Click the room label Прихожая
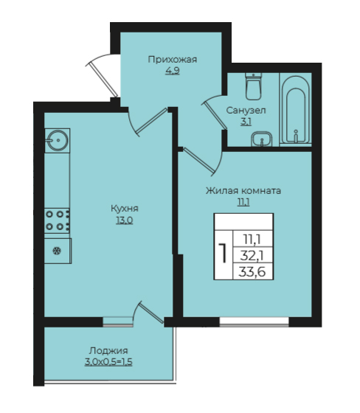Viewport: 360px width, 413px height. pos(173,60)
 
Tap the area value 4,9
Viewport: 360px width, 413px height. pos(173,71)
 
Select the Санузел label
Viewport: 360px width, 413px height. pos(246,110)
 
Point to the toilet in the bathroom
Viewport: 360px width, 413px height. pos(254,86)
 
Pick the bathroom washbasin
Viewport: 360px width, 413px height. pos(261,139)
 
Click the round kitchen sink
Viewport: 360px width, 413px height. pos(58,140)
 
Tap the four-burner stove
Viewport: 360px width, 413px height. pos(58,221)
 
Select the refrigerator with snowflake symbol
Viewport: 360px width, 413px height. pos(58,251)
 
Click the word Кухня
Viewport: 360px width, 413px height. pos(125,209)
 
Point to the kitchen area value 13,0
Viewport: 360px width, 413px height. pos(125,221)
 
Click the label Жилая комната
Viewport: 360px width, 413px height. pos(243,191)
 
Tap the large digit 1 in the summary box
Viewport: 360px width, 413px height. pos(224,254)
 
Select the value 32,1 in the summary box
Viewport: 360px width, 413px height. pos(252,255)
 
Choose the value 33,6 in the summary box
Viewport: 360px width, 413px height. pos(252,271)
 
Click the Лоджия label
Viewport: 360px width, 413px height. pos(108,351)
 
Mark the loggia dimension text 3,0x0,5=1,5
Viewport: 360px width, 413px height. pos(108,362)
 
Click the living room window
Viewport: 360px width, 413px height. pos(254,322)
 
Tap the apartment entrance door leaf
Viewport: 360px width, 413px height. pos(103,78)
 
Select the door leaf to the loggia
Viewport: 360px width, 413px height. pos(150,313)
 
